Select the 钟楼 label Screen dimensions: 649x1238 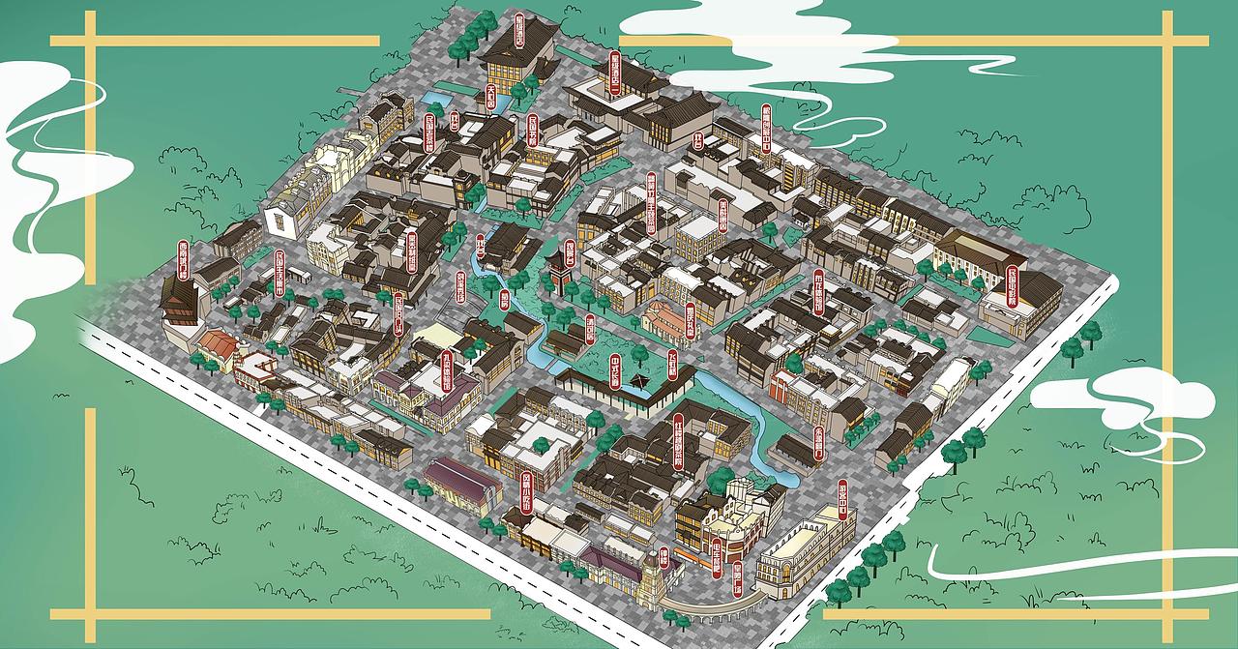click(x=663, y=559)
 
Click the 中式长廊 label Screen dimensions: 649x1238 click(x=614, y=370)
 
